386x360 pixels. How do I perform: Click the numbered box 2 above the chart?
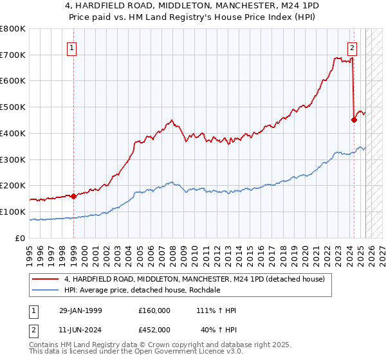tap(353, 47)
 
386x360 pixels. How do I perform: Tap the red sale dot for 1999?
tap(73, 196)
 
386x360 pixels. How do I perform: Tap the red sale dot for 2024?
tap(354, 119)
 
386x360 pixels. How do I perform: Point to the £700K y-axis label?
tap(13, 55)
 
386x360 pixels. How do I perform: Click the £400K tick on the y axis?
tap(13, 133)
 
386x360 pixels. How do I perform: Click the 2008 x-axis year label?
tap(172, 251)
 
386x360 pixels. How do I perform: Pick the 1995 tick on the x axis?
tap(30, 251)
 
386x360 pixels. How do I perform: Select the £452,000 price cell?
tap(154, 329)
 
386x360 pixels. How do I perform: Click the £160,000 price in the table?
tap(154, 310)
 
